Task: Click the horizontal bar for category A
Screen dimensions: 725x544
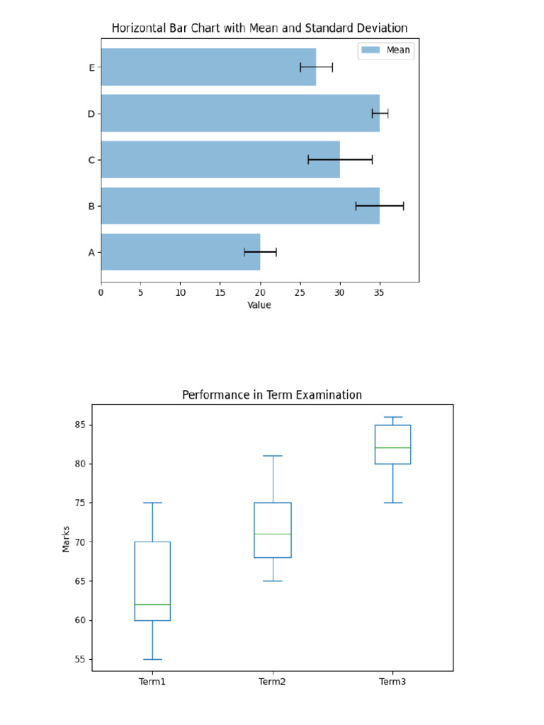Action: pos(181,252)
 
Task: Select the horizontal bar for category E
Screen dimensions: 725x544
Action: pos(208,67)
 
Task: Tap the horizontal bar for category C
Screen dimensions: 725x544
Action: pos(220,160)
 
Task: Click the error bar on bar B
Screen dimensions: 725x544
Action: pos(380,206)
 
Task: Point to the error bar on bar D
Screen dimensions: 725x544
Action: pos(380,113)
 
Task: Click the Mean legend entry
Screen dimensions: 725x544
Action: pos(386,50)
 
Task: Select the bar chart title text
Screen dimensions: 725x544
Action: pos(259,28)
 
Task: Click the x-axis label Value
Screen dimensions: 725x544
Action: pos(259,305)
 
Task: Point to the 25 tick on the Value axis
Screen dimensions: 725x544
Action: pos(300,292)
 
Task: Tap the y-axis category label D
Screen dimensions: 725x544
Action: pos(91,114)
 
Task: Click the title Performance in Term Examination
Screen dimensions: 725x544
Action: pos(272,395)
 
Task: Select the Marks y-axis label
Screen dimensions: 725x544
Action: pos(67,538)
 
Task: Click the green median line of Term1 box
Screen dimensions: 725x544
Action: pos(152,605)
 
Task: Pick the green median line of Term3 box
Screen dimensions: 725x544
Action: pos(392,447)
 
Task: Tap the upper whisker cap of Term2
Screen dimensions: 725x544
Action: pos(273,456)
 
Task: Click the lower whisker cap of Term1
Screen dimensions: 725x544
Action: pos(152,659)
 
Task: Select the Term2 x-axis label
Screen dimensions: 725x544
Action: pos(273,682)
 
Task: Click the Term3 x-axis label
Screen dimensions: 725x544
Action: pos(392,682)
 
